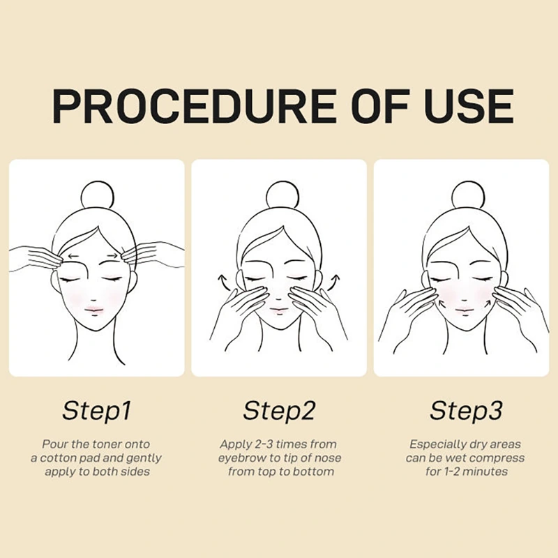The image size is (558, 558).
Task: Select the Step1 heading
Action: [x=97, y=412]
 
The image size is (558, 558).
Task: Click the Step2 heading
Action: [x=280, y=410]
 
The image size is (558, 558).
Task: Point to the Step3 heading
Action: [x=466, y=410]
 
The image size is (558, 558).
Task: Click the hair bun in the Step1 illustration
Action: [x=98, y=197]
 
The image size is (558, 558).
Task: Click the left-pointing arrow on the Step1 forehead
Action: [x=75, y=255]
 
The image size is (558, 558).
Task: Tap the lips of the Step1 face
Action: [x=93, y=309]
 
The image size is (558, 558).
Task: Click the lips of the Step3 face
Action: [x=465, y=309]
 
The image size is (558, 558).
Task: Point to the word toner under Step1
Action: [x=107, y=444]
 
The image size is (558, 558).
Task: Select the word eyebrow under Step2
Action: [x=239, y=459]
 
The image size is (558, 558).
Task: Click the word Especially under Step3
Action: [x=435, y=445]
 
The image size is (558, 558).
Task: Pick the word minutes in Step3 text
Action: [x=486, y=472]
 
